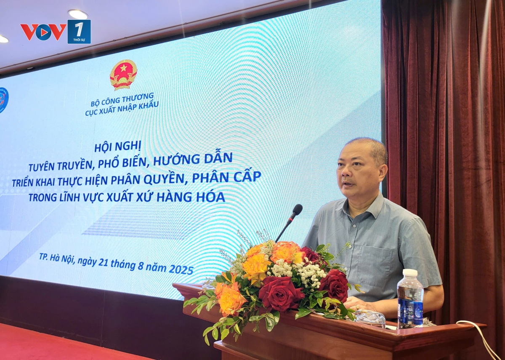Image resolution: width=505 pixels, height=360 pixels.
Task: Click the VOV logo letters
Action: pyautogui.click(x=43, y=32)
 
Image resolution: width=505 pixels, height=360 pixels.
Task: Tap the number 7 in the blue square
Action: pyautogui.click(x=79, y=29)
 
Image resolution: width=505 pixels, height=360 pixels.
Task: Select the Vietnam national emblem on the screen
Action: pyautogui.click(x=123, y=75)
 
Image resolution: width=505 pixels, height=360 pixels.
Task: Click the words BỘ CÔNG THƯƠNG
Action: pyautogui.click(x=122, y=100)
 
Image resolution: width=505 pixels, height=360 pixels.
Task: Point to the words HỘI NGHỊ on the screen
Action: pyautogui.click(x=118, y=147)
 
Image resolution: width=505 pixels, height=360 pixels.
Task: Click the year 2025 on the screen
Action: pyautogui.click(x=181, y=269)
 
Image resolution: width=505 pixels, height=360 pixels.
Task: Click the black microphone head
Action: pyautogui.click(x=296, y=211)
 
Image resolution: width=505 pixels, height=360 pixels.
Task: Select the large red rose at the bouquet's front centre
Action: pyautogui.click(x=280, y=293)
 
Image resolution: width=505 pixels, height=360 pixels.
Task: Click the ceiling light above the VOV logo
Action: pyautogui.click(x=78, y=14)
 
